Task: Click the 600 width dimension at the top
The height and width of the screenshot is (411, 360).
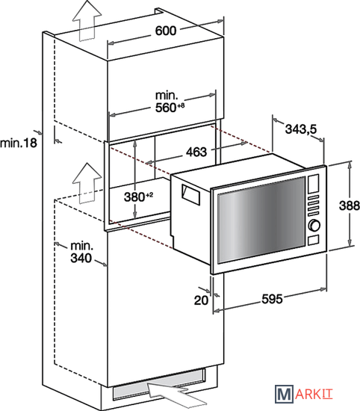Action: pyautogui.click(x=166, y=31)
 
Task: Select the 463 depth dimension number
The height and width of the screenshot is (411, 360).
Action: pyautogui.click(x=196, y=152)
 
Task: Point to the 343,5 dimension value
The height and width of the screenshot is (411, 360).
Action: pyautogui.click(x=301, y=129)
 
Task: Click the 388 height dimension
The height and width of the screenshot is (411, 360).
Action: pyautogui.click(x=350, y=205)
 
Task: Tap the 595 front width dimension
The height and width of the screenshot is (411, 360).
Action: pyautogui.click(x=272, y=299)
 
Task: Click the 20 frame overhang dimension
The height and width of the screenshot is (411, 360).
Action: pyautogui.click(x=201, y=300)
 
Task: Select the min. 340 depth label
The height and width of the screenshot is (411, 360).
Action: pyautogui.click(x=81, y=252)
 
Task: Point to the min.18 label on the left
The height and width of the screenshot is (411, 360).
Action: pyautogui.click(x=19, y=143)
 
